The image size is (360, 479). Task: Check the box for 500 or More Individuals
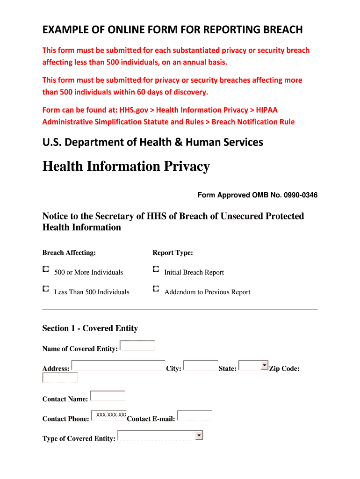coord(45,269)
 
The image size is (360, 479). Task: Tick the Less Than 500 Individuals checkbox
coord(45,289)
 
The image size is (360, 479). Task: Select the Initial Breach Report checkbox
coord(156,269)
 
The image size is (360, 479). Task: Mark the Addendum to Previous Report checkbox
coord(156,289)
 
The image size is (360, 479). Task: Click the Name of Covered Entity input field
coord(137,346)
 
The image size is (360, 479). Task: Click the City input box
coord(201,365)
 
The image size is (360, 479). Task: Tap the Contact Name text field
coord(108,396)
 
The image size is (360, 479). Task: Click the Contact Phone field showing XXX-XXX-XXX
coord(109,415)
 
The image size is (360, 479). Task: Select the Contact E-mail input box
coord(194,415)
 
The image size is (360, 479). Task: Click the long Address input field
coord(118,365)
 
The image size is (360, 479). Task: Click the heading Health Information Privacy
coord(126,167)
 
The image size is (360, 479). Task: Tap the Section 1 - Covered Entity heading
coord(90,328)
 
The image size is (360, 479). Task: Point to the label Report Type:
coord(173,253)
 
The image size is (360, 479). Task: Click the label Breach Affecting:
coord(69,253)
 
